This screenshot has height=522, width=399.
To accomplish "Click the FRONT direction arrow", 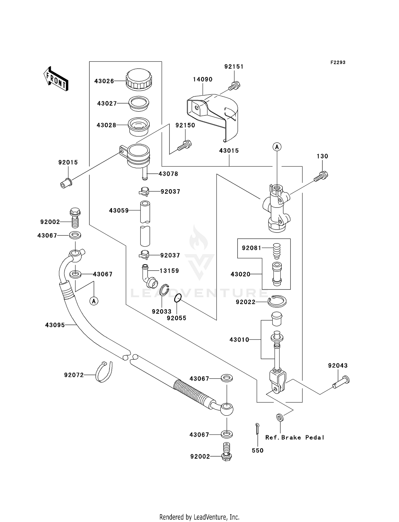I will [56, 79].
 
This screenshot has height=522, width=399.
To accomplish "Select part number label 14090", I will [203, 79].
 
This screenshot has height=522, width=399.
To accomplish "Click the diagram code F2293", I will [338, 62].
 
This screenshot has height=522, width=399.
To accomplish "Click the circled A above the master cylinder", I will [277, 147].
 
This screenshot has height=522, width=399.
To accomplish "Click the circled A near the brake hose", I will [94, 301].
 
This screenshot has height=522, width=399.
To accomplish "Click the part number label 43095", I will [55, 325].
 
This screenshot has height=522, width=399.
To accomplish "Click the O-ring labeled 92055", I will [178, 298].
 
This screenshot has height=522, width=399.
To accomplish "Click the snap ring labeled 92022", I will [277, 301].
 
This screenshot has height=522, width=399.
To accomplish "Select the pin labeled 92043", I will [341, 383].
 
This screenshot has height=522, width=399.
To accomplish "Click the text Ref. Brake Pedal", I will [295, 437].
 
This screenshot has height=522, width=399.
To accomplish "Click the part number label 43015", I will [229, 151].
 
